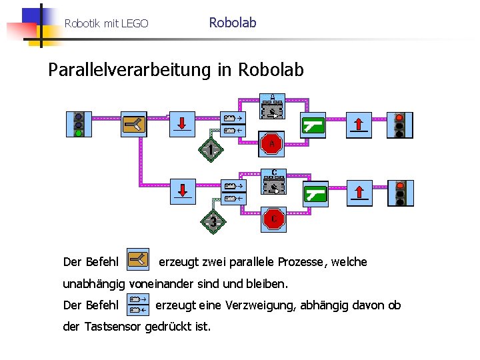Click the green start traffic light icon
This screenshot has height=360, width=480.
(79, 124)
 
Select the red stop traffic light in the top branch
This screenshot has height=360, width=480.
(400, 125)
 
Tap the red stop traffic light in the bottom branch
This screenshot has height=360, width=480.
(400, 193)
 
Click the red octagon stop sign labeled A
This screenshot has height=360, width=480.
(272, 143)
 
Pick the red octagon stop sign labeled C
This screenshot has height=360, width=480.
(273, 218)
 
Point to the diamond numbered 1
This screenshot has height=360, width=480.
(211, 150)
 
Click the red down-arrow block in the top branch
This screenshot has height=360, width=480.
(182, 123)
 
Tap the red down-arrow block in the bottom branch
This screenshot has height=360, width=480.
(183, 192)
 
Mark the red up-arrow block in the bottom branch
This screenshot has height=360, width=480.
(359, 193)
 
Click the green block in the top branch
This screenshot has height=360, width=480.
(313, 124)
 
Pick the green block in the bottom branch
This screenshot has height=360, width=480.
(315, 194)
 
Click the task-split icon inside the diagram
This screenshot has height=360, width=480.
(133, 123)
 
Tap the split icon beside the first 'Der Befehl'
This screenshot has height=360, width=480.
(139, 260)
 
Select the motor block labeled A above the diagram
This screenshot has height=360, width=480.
(272, 107)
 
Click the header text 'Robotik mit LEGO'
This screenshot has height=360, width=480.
(107, 24)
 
